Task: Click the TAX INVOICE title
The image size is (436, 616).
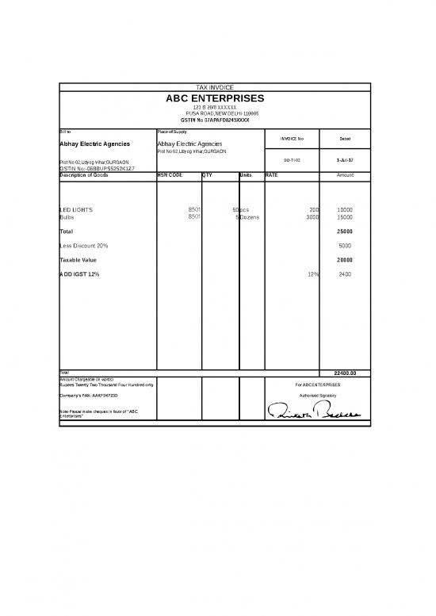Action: [x=215, y=87]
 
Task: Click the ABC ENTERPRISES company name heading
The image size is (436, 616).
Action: [x=215, y=98]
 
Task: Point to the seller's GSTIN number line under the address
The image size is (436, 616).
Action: [x=215, y=120]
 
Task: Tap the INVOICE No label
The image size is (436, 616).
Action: [x=290, y=139]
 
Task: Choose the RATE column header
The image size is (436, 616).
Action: [x=272, y=174]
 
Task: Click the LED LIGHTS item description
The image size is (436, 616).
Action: [x=76, y=210]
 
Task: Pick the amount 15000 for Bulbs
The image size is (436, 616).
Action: [x=345, y=216]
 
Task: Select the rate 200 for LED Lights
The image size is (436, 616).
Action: [x=313, y=210]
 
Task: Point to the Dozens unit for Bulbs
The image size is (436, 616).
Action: [x=253, y=216]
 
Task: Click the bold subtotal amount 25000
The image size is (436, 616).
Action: [x=345, y=231]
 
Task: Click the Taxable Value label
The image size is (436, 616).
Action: [x=78, y=260]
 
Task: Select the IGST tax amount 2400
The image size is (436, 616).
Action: [x=345, y=274]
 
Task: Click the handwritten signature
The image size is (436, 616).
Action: [x=314, y=410]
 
